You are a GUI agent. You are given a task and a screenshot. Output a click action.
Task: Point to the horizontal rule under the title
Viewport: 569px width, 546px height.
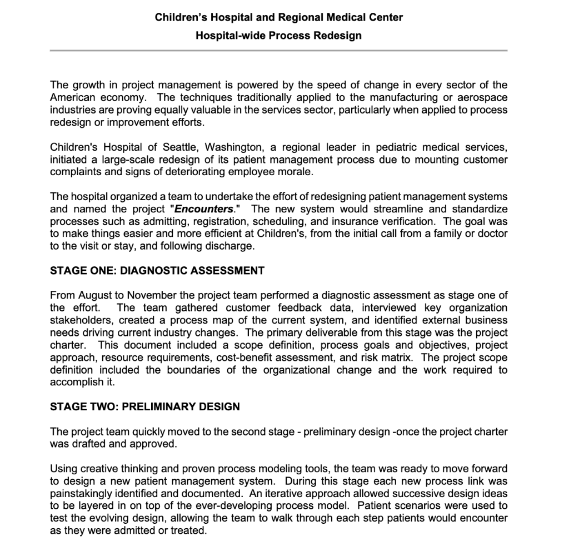pyautogui.click(x=278, y=51)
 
